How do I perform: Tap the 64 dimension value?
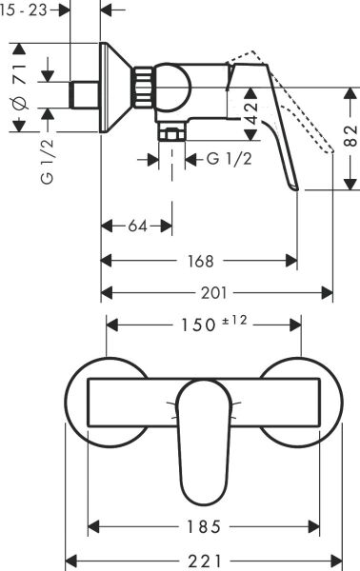click(137, 226)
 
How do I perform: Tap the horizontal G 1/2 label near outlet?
click(229, 160)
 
